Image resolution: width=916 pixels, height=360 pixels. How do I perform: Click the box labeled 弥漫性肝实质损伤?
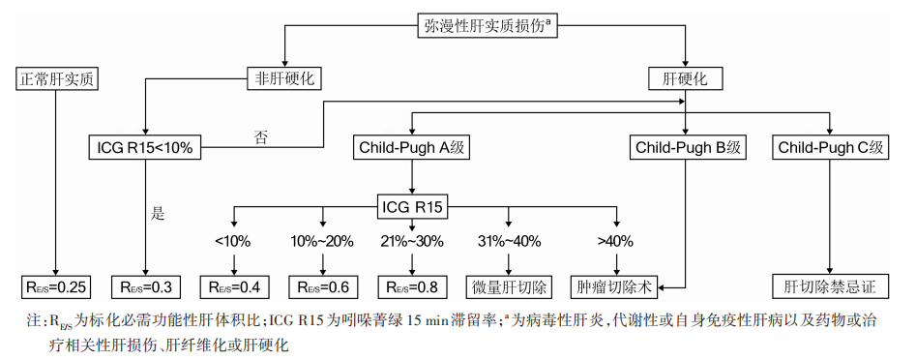488,23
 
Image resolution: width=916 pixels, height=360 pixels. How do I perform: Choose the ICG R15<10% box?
145,148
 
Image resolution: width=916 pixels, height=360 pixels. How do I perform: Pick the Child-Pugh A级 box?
413,148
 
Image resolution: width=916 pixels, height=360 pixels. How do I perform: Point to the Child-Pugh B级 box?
686,148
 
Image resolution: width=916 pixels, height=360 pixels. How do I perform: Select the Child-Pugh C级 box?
831,148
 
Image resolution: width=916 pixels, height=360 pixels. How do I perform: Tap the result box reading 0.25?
58,286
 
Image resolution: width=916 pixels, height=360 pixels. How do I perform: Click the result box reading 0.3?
145,286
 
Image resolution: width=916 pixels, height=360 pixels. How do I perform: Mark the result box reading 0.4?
234,286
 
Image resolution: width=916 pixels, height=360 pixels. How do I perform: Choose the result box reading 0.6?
323,286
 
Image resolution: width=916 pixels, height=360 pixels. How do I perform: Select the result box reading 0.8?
413,286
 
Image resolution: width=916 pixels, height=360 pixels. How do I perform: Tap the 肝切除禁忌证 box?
830,286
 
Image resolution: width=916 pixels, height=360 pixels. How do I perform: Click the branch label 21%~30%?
413,239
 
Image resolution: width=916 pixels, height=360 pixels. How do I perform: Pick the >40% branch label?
613,239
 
